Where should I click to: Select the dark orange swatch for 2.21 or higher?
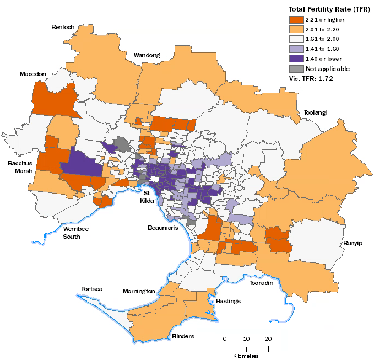pos(296,19)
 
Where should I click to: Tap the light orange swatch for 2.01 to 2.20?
pos(296,29)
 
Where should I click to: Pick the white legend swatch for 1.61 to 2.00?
pos(296,39)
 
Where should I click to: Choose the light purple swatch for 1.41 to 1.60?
pos(296,49)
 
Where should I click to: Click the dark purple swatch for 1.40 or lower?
pos(296,59)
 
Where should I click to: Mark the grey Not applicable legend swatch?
pos(296,69)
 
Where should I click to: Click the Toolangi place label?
pos(315,112)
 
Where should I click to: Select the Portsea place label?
pos(91,288)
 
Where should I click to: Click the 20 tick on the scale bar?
pos(268,338)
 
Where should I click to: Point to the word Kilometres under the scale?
pos(246,356)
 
